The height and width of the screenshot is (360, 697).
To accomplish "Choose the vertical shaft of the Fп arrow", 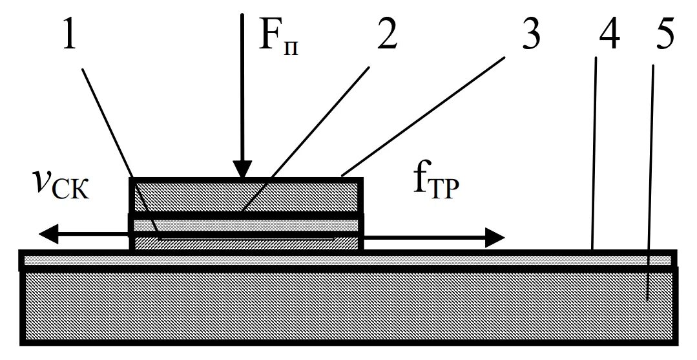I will click(x=242, y=84).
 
